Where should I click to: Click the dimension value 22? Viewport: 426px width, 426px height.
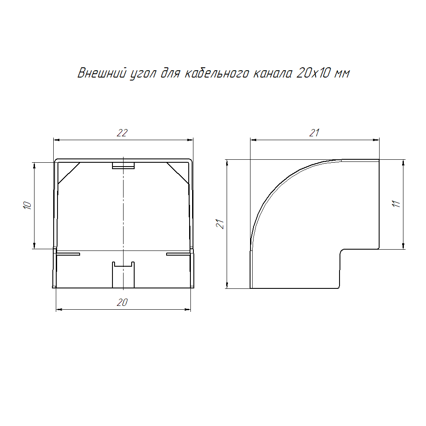pos(122,133)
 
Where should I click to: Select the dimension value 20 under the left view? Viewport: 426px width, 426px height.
pos(122,302)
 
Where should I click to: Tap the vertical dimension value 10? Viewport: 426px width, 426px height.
pos(27,205)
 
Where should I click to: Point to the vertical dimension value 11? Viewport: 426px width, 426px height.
pos(396,204)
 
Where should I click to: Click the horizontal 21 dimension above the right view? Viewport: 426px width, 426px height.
pos(314,133)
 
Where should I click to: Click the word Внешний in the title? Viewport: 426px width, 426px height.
pos(102,73)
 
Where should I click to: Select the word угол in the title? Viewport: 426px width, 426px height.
pos(143,74)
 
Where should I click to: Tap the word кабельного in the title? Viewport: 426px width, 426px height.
pos(217,73)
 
